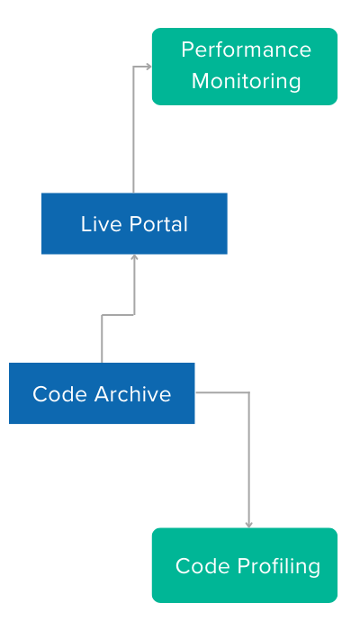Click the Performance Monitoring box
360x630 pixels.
click(x=245, y=67)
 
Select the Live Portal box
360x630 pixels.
click(x=134, y=223)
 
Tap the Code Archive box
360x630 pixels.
click(x=102, y=393)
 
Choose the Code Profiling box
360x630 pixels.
click(x=245, y=565)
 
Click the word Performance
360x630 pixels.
click(x=246, y=49)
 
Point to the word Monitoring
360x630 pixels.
click(x=246, y=81)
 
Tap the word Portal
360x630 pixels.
click(x=158, y=224)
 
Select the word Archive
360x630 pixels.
click(x=133, y=394)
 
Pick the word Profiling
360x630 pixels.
click(x=278, y=566)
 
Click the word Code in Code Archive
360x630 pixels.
click(x=59, y=394)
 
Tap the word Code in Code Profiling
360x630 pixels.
click(x=202, y=566)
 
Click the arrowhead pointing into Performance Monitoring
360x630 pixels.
click(x=148, y=67)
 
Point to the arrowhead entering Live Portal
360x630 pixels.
click(x=134, y=257)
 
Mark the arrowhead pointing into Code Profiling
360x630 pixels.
click(x=248, y=525)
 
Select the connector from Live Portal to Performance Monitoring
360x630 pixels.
click(x=133, y=121)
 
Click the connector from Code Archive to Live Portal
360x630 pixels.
click(x=118, y=315)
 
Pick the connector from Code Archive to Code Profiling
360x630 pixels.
click(x=248, y=433)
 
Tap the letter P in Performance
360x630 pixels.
click(x=187, y=49)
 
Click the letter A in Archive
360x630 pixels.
click(x=103, y=394)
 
